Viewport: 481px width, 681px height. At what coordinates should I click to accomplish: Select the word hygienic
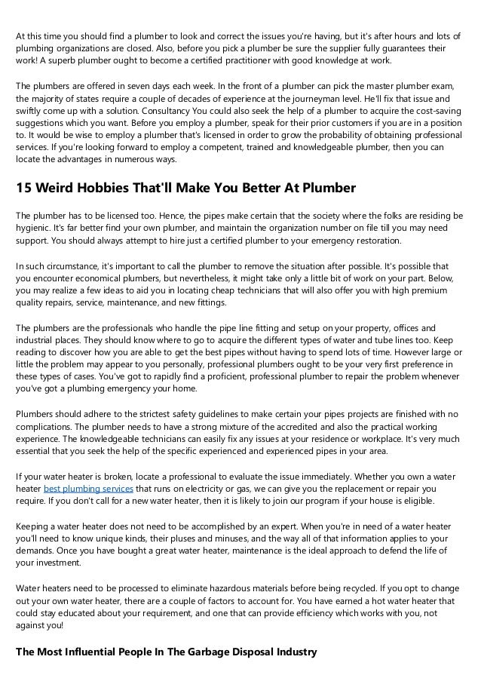[34, 226]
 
